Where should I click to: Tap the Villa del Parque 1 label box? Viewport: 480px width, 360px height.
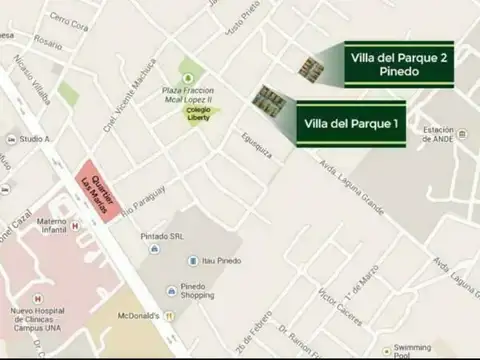pos(351,124)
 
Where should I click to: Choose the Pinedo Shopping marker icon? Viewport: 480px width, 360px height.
pos(172,290)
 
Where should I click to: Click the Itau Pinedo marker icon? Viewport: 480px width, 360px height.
pos(194,261)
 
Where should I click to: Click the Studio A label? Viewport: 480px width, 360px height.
pos(34,138)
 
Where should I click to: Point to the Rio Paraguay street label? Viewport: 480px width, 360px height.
pos(141,200)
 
